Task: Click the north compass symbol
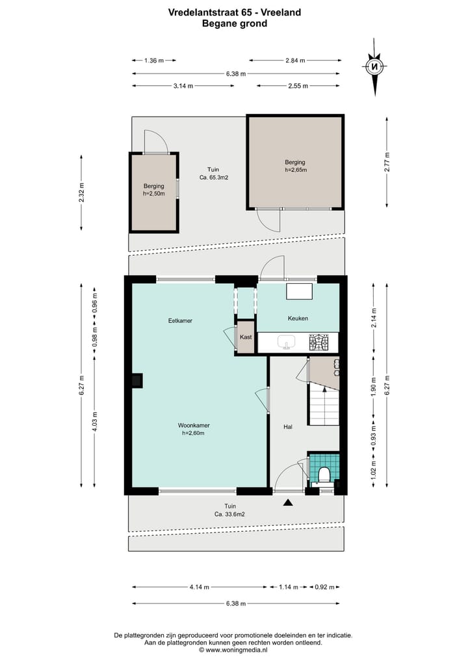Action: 375,66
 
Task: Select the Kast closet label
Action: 246,337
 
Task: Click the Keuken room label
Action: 298,318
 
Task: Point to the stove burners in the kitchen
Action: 318,342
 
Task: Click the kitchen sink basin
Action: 285,342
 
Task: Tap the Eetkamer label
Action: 180,320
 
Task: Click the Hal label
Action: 288,427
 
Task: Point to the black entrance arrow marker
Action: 288,502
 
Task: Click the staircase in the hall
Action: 324,404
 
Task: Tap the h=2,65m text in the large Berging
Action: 295,171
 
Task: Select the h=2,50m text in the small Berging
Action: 154,193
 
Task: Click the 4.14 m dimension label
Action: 200,587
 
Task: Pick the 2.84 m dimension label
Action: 294,61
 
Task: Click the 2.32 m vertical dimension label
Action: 81,192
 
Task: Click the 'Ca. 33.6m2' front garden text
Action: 226,514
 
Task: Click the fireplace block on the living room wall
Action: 137,380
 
